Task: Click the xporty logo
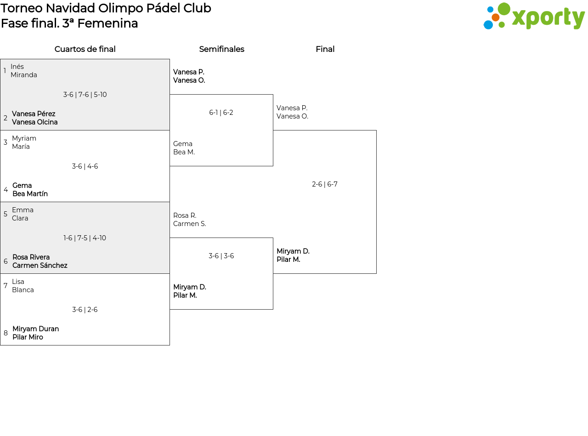tap(534, 16)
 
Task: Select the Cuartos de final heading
tap(85, 49)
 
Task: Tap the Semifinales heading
tap(221, 49)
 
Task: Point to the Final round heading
tap(325, 49)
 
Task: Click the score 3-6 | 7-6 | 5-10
tap(85, 95)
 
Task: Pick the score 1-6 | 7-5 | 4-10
tap(85, 238)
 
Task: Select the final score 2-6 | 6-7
tap(325, 184)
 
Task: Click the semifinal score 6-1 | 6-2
tap(221, 113)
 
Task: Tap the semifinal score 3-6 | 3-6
tap(221, 255)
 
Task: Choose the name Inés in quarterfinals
tap(17, 67)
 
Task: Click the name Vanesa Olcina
tap(35, 122)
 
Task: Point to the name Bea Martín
tap(30, 193)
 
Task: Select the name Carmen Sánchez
tap(40, 265)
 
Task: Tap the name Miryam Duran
tap(35, 329)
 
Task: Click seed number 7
tap(6, 286)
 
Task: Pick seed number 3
tap(6, 142)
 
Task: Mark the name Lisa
tap(18, 282)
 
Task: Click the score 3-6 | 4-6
tap(85, 166)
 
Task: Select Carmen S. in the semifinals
tap(190, 224)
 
